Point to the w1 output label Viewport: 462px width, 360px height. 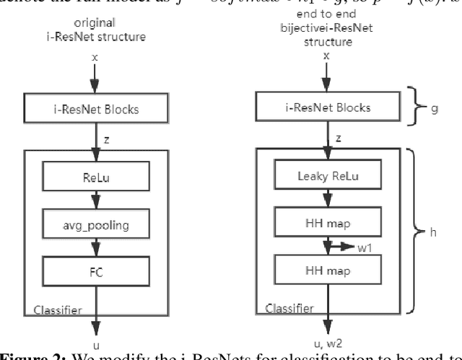coord(365,249)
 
